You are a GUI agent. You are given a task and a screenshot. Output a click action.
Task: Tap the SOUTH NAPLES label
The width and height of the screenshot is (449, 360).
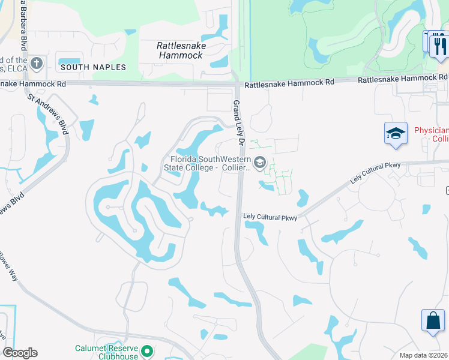pos(94,67)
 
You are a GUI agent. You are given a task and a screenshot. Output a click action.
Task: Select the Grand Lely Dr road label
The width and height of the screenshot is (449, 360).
pos(238,124)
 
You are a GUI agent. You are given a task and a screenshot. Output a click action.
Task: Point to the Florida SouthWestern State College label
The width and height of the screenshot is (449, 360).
pos(208,163)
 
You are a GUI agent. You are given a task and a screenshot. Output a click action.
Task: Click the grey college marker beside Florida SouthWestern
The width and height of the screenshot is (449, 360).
pos(260,162)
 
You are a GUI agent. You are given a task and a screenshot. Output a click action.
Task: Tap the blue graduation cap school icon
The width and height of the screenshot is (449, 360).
pos(396,133)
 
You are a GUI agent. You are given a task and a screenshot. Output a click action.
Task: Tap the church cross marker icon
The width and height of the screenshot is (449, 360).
pos(37,63)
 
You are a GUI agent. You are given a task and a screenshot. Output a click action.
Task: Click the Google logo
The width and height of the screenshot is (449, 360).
pos(20,353)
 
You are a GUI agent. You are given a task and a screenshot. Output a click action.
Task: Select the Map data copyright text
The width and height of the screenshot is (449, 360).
pos(424,355)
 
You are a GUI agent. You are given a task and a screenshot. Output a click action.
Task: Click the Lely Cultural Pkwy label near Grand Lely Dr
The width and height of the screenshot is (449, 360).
pos(270,217)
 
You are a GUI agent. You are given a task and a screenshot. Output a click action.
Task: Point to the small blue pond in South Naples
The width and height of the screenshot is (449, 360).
pos(69,58)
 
